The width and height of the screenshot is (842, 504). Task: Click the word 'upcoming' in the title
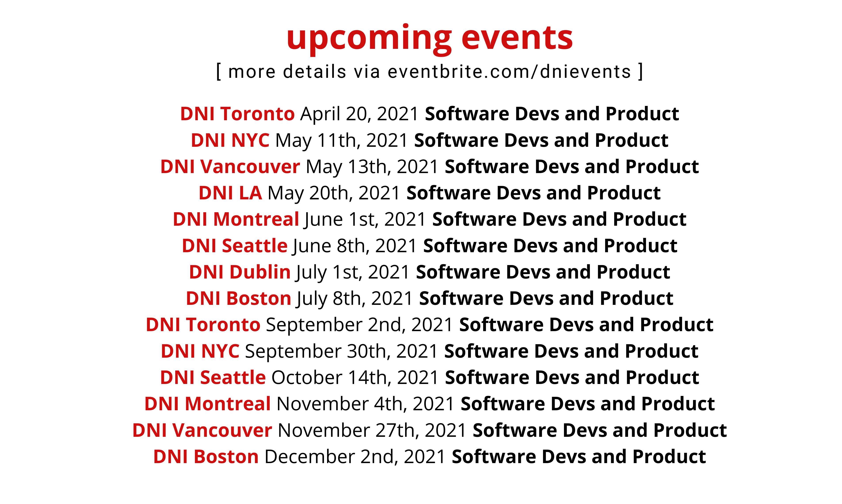pos(369,38)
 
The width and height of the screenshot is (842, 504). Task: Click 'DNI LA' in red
pos(230,193)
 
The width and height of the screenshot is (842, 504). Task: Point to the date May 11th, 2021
pos(341,140)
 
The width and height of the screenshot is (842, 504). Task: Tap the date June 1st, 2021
pos(365,220)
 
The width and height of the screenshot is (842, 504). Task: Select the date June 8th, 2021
pos(355,246)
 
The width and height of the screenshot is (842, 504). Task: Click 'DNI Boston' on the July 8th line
pos(238,298)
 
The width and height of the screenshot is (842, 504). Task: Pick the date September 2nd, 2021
pos(359,325)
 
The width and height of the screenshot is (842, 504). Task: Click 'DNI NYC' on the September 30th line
pos(200,351)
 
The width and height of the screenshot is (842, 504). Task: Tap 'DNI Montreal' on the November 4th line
pos(208,404)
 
